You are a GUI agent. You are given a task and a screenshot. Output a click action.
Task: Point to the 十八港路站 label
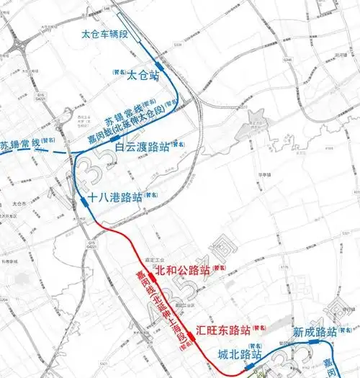pyautogui.click(x=114, y=197)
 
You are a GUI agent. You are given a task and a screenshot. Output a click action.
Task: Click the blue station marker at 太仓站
pyautogui.click(x=159, y=66)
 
